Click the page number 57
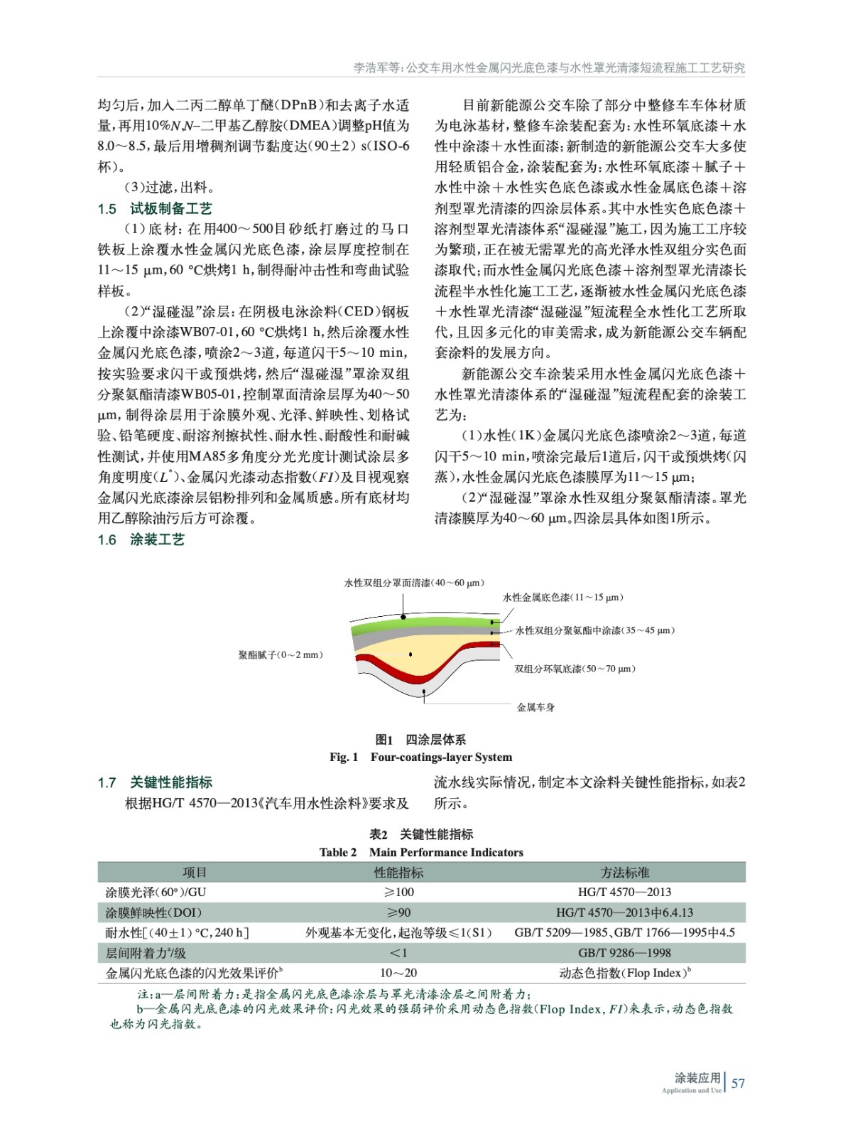738,1083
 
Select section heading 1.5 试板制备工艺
155,209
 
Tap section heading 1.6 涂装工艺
141,540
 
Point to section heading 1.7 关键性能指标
155,782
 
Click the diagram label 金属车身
535,707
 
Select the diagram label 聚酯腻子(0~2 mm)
280,654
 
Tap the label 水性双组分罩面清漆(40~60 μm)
414,583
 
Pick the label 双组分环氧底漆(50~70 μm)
575,669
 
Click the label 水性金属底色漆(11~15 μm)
562,598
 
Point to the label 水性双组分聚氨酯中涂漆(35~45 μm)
594,630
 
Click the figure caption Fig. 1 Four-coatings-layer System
420,757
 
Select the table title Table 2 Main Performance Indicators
421,852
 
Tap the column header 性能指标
398,873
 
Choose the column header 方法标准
624,873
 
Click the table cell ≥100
398,893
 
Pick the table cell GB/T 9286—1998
624,953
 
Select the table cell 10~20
398,973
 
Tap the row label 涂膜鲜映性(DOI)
153,912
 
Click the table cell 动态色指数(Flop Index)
624,973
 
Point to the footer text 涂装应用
697,1078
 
